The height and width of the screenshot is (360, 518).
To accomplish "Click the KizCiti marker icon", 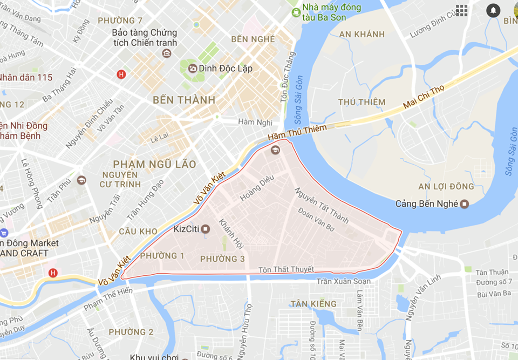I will point(205,229).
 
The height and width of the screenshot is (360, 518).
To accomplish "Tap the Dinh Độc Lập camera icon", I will point(192,69).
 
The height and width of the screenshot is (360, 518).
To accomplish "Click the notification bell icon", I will point(493,10).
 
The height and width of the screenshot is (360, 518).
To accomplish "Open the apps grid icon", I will point(462,10).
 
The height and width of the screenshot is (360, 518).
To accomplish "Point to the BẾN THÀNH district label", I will point(184,100).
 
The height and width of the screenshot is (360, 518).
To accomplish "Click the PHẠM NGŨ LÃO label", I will point(154,164).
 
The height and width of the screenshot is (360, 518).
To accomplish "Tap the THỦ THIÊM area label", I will point(362,102).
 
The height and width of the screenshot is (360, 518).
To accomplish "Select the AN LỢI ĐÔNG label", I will point(446,187).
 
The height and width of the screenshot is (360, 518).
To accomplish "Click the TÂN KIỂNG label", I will point(313,304).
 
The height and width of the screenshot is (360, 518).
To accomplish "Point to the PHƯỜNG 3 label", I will point(222,259).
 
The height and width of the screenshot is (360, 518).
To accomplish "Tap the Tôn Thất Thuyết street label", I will point(286,270).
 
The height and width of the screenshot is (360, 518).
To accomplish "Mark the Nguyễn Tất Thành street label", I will point(321,206).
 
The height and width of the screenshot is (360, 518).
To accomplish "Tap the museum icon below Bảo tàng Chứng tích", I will point(167,53).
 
